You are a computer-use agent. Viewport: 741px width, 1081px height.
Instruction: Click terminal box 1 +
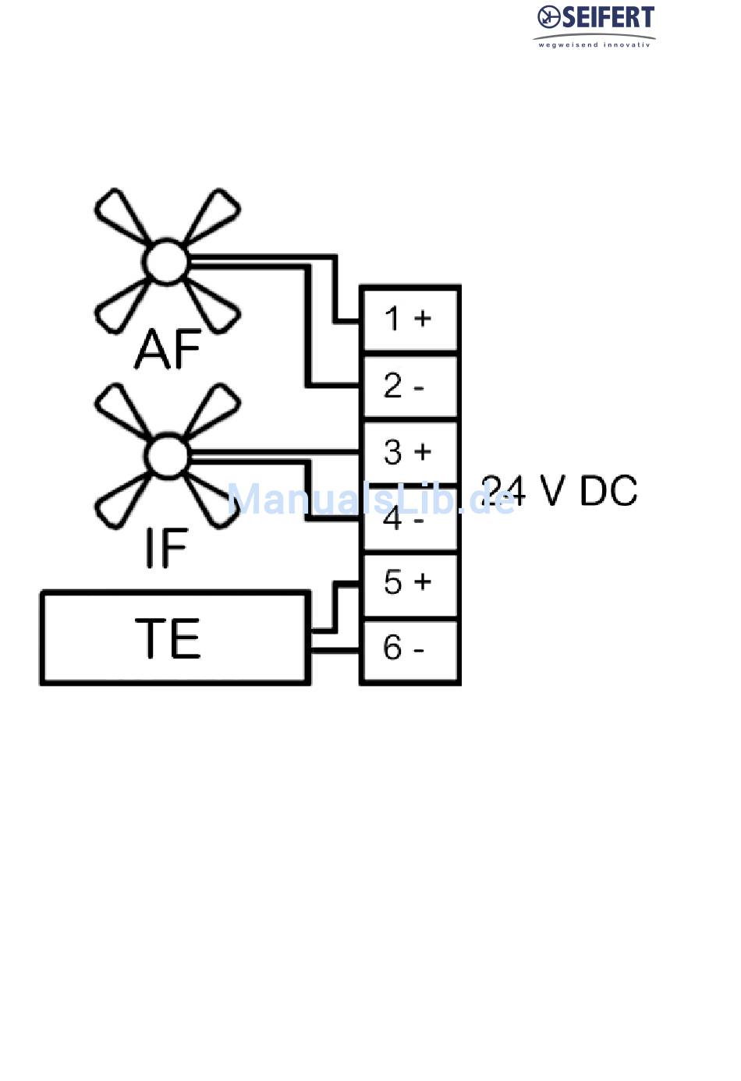coord(409,319)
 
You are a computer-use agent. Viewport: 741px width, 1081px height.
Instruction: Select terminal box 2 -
coord(409,386)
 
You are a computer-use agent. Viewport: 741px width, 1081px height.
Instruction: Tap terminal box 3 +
coord(409,451)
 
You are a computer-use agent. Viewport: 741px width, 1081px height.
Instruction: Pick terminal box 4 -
coord(409,518)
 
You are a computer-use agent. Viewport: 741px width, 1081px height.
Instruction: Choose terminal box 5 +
coord(409,582)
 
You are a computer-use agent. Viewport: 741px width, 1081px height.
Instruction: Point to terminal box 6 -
coord(409,648)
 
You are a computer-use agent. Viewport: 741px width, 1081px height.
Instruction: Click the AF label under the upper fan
coord(168,348)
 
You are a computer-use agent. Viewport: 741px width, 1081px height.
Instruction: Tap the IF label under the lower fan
coord(166,547)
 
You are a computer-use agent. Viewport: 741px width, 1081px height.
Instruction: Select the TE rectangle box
coord(175,638)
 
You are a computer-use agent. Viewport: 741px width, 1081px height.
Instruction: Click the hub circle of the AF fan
coord(166,261)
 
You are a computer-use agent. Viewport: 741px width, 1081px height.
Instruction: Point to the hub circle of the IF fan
coord(166,455)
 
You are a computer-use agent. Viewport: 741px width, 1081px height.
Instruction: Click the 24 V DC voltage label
coord(560,491)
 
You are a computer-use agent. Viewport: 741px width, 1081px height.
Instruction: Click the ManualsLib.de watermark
coord(370,499)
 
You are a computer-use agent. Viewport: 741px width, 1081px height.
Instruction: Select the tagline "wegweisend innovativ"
coord(594,44)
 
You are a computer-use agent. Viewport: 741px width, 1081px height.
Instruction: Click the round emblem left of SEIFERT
coord(549,16)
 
